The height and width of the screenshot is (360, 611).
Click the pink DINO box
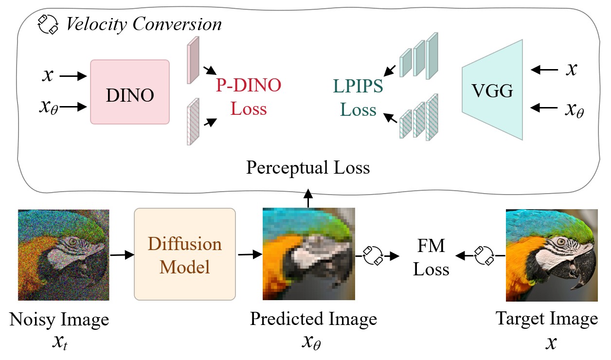coord(130,91)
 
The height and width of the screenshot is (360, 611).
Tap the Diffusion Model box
coord(185,254)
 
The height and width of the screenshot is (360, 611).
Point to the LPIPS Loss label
coord(359,97)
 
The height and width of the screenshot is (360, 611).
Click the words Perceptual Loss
coord(308,168)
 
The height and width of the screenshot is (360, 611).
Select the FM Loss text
coord(431,257)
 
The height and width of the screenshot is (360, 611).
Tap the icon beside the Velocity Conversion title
coord(49,23)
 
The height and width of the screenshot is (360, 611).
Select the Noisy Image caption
coord(59,320)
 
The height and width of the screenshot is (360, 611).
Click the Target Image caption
coord(546,319)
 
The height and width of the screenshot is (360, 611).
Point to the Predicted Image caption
coord(313,319)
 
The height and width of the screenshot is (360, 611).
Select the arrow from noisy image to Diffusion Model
coord(122,254)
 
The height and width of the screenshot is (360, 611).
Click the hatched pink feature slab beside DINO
coord(193,122)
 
